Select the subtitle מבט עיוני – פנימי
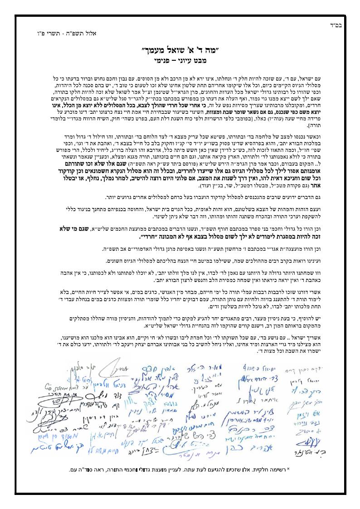click(x=180, y=58)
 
